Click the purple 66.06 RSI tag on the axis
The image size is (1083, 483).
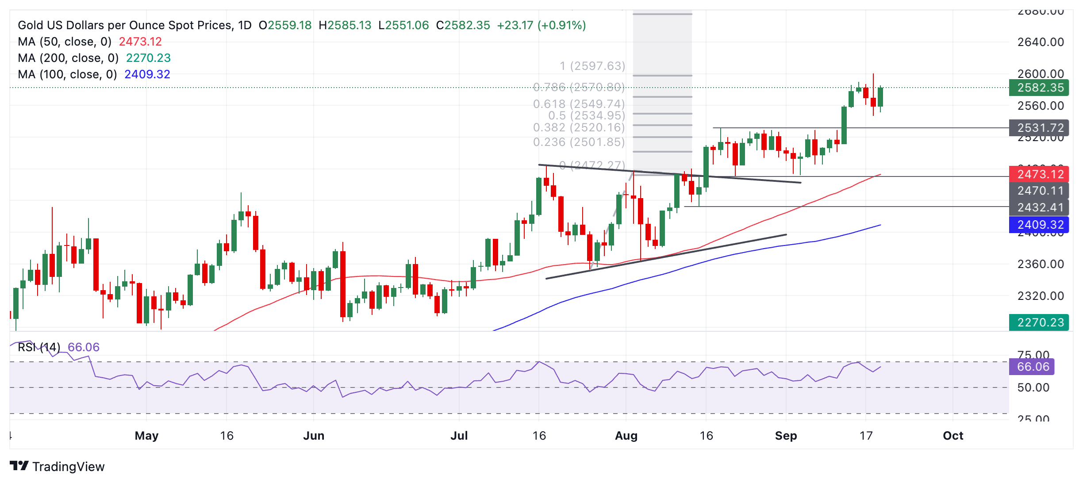pos(1032,367)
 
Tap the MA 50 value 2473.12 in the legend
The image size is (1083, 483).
pos(140,42)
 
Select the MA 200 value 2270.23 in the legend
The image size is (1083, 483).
pos(148,58)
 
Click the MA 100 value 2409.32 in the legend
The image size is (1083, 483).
pos(147,74)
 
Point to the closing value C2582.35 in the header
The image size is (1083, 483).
pos(463,25)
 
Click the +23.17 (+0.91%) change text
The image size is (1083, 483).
pos(541,25)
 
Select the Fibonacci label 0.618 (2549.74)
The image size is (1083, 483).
pos(579,104)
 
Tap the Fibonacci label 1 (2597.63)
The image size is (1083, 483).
pos(592,66)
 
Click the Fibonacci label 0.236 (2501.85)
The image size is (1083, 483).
pos(579,142)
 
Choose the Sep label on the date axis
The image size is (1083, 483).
pos(786,436)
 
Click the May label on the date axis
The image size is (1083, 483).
pos(146,436)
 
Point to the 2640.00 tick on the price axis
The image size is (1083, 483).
pos(1041,42)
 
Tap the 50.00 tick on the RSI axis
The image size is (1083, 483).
pos(1033,387)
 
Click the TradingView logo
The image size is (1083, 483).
pos(57,466)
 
